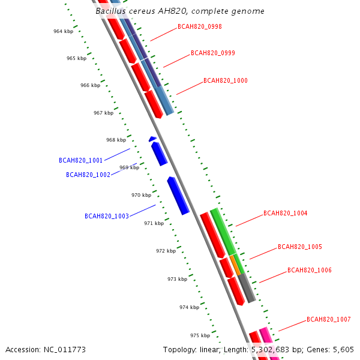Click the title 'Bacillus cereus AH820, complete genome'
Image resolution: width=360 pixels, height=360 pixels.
point(180,11)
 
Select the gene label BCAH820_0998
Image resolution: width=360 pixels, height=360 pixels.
point(200,27)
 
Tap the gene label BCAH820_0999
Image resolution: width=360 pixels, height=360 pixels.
point(213,53)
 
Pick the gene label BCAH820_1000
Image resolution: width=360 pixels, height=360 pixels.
point(226,80)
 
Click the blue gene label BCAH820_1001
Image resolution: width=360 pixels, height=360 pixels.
point(80,161)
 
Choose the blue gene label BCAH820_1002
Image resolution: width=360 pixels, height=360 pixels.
point(88,175)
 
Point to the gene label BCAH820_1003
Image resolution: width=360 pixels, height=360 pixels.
point(107,216)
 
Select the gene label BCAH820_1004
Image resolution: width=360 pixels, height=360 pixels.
point(286,214)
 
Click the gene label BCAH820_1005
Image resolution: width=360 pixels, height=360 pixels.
point(300,247)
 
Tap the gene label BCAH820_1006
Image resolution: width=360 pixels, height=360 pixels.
point(310,271)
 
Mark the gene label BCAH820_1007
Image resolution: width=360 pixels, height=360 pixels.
point(329,320)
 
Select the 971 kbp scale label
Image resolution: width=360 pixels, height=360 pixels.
point(154,223)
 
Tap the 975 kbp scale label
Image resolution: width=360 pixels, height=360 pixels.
point(200,335)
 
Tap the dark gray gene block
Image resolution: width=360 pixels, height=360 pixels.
point(247,288)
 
